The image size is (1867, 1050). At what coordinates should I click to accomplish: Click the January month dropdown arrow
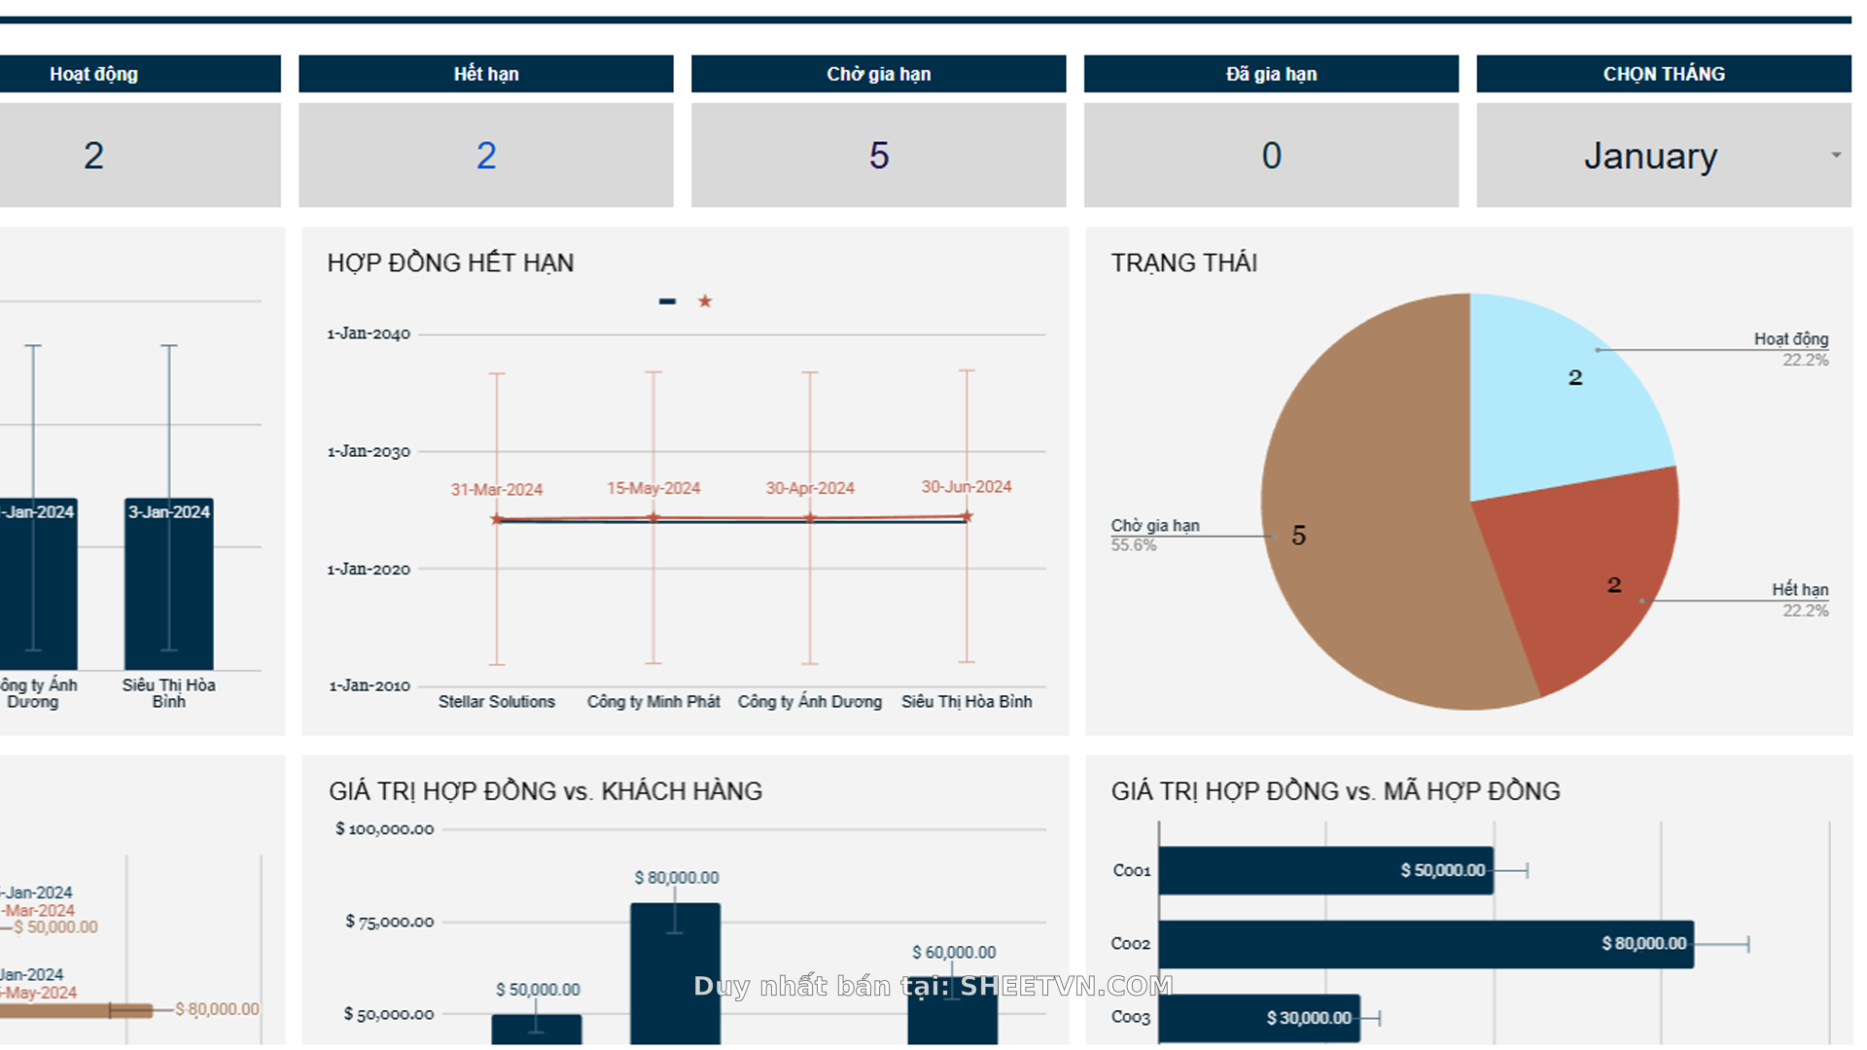coord(1836,156)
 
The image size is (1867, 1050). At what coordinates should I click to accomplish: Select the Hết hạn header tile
coord(485,74)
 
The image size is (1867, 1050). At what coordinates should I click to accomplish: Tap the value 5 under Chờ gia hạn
coord(878,156)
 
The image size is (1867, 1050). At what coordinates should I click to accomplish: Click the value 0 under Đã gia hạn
coord(1271,156)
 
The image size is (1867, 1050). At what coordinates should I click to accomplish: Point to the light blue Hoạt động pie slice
coord(1556,399)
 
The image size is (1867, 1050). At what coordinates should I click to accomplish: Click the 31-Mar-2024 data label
coord(496,489)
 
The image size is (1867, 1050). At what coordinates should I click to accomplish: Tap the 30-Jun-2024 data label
coord(966,486)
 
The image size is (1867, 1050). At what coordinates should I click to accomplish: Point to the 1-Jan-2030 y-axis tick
coord(369,451)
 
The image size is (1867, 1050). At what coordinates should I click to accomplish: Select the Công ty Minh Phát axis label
coord(653,701)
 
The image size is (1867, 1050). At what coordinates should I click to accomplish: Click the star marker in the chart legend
coord(705,301)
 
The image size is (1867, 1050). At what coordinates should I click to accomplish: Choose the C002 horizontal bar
coord(1425,944)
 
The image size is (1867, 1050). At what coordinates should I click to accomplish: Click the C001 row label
coord(1131,870)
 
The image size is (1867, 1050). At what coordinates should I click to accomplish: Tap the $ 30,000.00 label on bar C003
coord(1308,1018)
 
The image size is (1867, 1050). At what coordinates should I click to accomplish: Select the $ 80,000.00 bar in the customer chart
coord(675,972)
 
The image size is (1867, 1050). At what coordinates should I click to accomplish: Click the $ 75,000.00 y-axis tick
coord(389,922)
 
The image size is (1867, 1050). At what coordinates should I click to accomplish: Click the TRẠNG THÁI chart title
coord(1183,262)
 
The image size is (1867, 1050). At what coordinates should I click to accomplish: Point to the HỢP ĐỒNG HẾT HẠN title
coord(450,262)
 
